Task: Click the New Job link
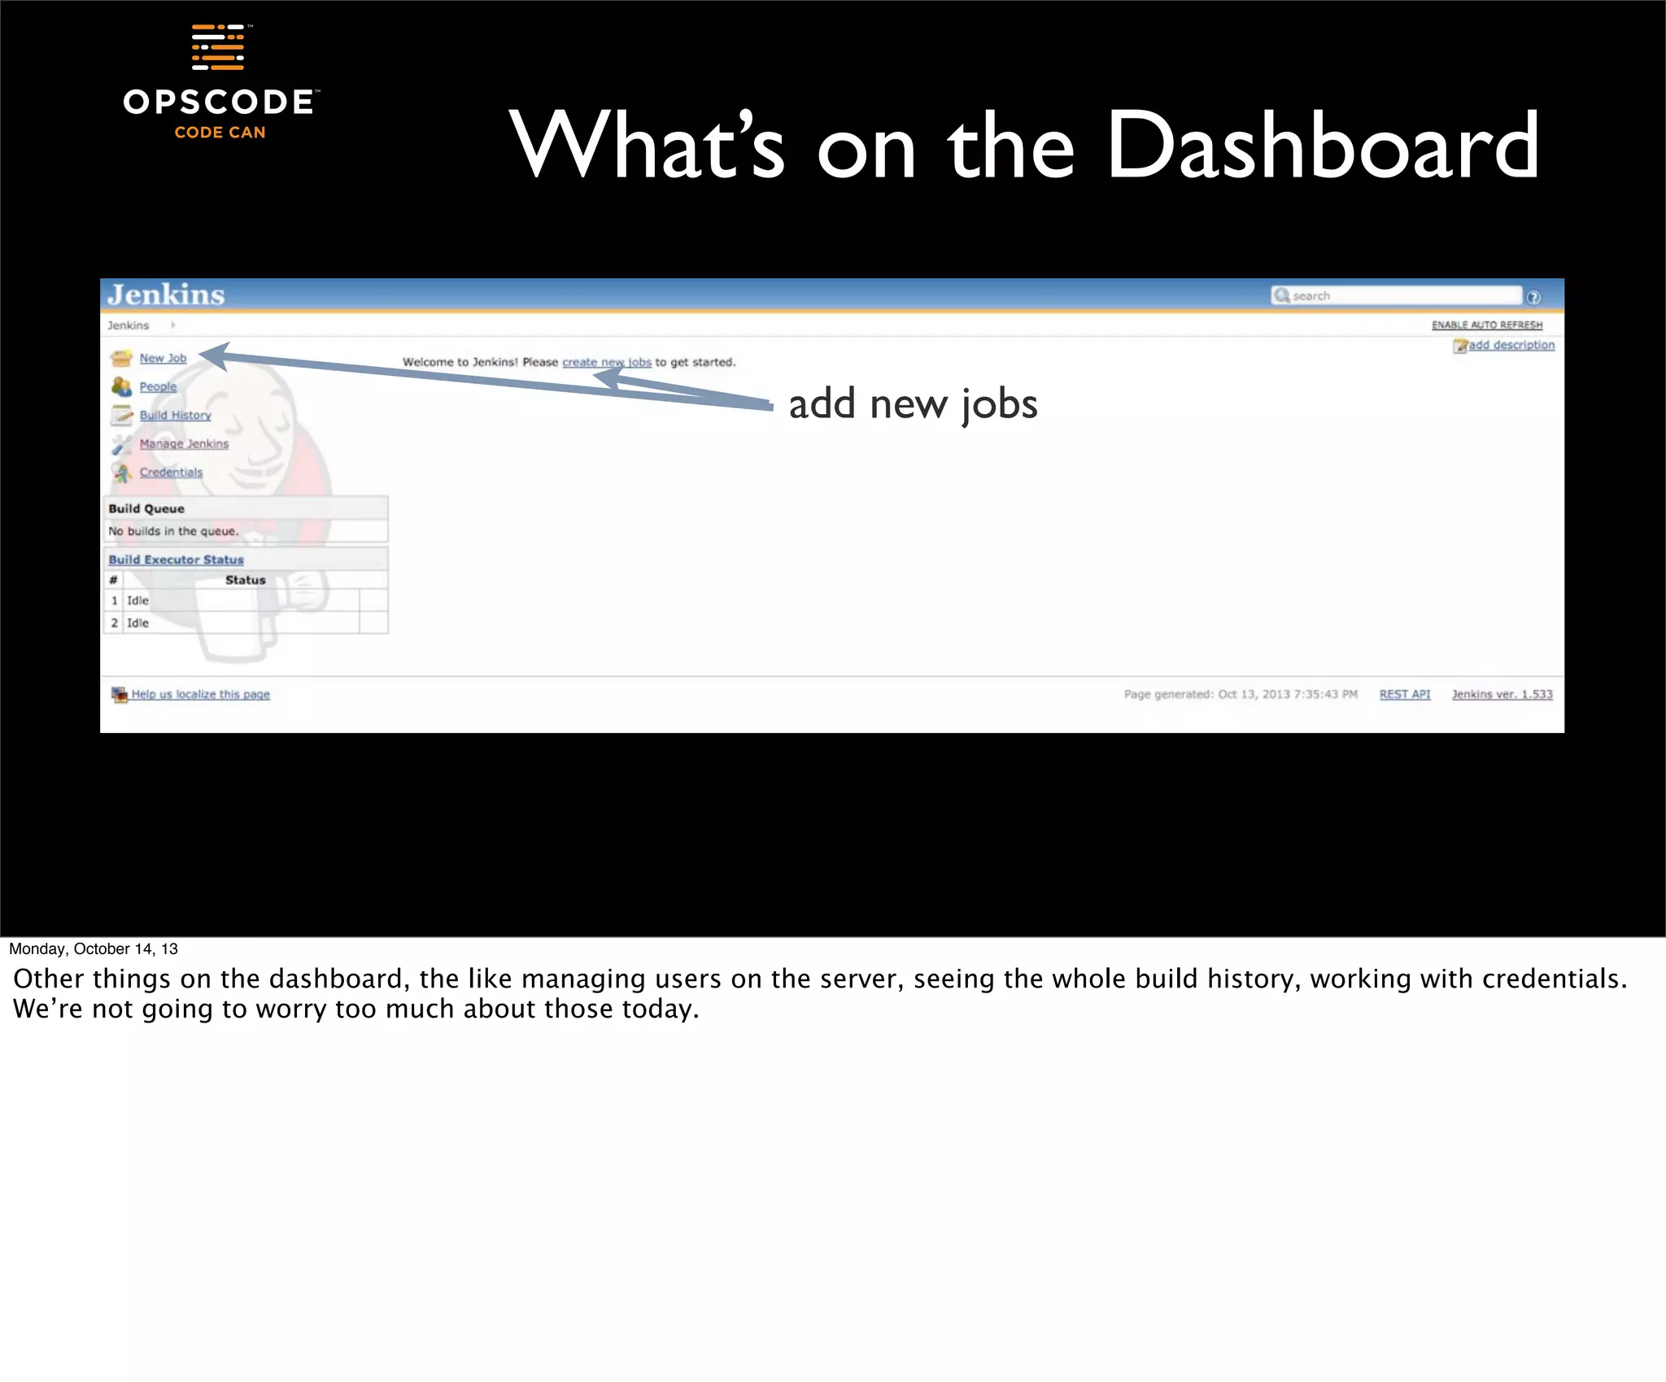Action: tap(163, 358)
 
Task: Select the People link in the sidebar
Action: tap(158, 386)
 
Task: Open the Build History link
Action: tap(175, 415)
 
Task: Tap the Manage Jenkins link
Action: tap(184, 443)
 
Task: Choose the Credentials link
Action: tap(171, 472)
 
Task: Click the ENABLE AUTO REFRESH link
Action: tap(1486, 325)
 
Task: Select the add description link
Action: tap(1511, 345)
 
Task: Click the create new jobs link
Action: tap(607, 362)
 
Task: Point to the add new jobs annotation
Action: tap(913, 404)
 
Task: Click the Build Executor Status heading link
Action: tap(176, 560)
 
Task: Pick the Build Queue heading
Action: tap(146, 508)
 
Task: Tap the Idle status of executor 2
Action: tap(137, 623)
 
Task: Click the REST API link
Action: tap(1404, 694)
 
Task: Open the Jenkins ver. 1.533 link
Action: tap(1502, 694)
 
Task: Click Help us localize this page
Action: tap(200, 694)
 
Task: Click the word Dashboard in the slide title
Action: tap(1322, 146)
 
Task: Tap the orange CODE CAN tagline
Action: tap(220, 133)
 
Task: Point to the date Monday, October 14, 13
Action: tap(94, 948)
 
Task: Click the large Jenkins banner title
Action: tap(166, 294)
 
